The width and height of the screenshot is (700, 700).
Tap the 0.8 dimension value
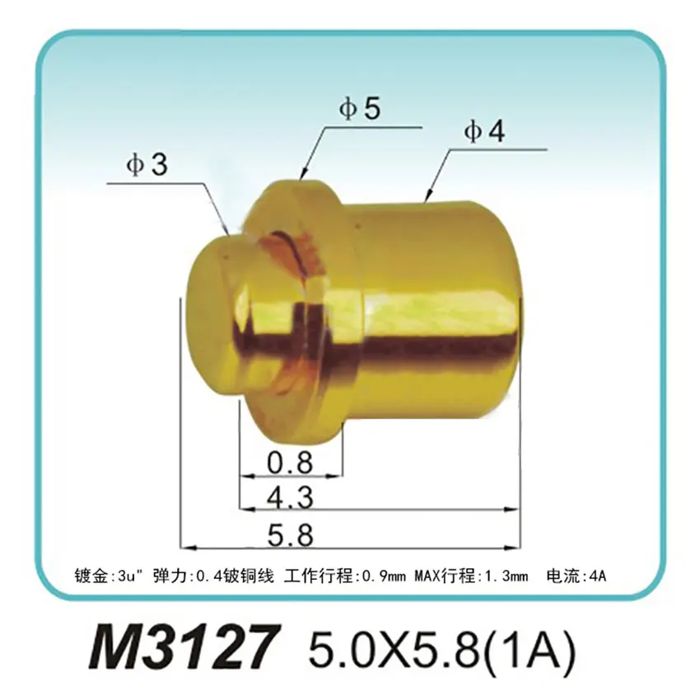291,464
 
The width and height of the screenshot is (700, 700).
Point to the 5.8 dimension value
291,535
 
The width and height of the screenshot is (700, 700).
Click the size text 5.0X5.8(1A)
440,647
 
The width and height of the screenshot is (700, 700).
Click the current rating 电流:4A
576,575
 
